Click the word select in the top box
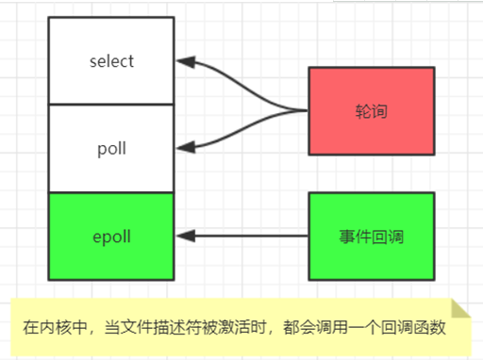coord(111,62)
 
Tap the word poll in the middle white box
coord(111,149)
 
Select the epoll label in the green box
coord(111,236)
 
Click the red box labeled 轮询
coord(371,111)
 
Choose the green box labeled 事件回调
coord(371,236)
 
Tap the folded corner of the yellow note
coord(459,310)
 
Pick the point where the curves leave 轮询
coord(308,111)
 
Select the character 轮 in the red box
coord(362,111)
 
